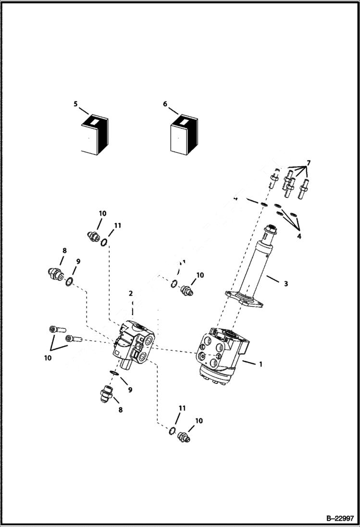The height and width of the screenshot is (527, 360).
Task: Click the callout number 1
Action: click(261, 364)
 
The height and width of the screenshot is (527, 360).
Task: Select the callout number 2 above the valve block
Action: click(130, 294)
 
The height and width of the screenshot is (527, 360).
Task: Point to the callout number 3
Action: click(286, 284)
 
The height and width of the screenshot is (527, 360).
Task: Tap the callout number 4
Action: click(298, 236)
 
